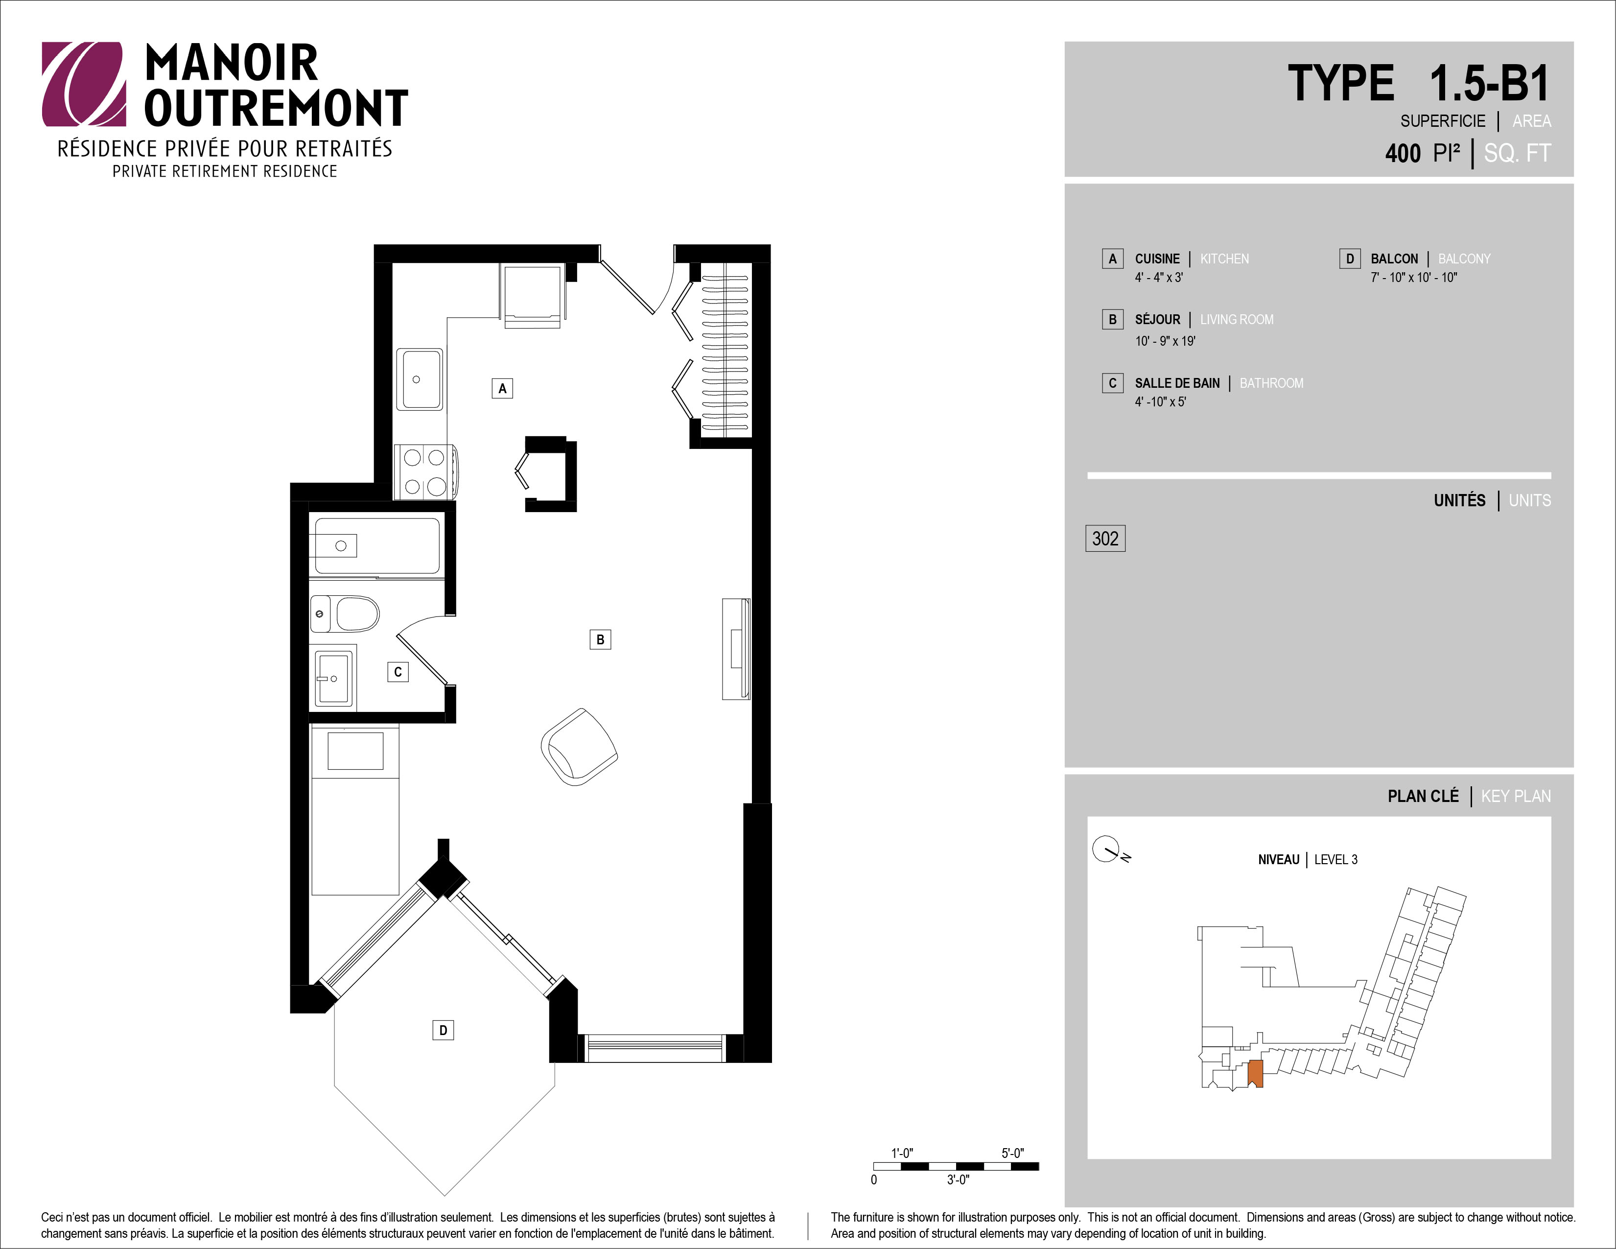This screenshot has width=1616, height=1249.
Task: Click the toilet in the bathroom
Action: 345,614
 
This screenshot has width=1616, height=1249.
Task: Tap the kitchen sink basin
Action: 420,379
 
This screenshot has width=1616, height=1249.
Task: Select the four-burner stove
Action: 425,471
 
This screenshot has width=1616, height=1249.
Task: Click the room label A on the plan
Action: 502,388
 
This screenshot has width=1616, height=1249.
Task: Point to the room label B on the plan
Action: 600,639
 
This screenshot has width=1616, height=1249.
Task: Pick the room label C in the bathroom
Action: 398,672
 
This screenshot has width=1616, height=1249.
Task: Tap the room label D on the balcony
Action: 443,1030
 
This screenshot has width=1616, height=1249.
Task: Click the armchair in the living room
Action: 579,747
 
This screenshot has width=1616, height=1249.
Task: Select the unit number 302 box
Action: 1105,539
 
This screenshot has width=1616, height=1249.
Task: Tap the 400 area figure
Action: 1403,154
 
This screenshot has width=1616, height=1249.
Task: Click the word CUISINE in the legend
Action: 1157,259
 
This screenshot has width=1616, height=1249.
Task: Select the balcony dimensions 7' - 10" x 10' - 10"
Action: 1414,278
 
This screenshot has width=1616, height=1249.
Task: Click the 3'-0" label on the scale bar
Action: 958,1180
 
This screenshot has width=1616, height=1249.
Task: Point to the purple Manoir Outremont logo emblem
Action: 83,84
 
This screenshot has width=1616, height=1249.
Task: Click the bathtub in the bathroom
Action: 377,546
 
